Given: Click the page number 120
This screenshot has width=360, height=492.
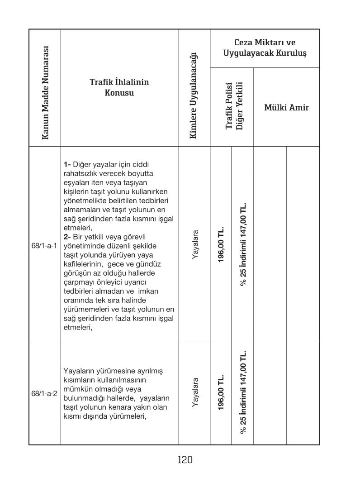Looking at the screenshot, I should pyautogui.click(x=185, y=460).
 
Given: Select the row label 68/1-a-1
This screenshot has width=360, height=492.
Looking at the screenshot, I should pyautogui.click(x=44, y=245).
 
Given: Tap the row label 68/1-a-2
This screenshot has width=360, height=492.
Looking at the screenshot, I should pyautogui.click(x=44, y=393).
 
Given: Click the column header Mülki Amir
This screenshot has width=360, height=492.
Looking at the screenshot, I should pyautogui.click(x=286, y=107).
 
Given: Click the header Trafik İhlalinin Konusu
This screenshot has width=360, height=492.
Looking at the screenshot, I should pyautogui.click(x=119, y=87).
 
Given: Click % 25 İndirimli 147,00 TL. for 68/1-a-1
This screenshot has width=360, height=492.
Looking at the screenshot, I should pyautogui.click(x=243, y=244).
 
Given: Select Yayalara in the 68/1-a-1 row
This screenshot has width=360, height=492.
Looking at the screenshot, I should pyautogui.click(x=195, y=244).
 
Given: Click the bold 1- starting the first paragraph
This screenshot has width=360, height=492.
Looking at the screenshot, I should pyautogui.click(x=67, y=163).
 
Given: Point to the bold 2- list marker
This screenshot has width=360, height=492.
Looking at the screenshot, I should pyautogui.click(x=67, y=237).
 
